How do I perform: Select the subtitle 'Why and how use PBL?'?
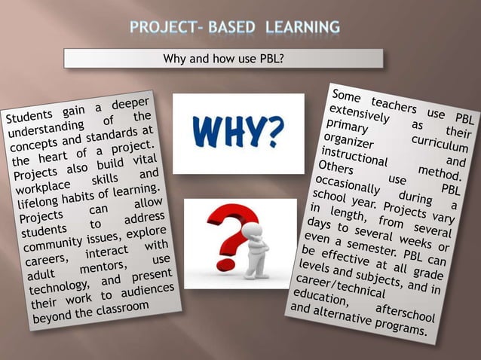tap(224, 58)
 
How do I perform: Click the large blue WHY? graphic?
tap(238, 132)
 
